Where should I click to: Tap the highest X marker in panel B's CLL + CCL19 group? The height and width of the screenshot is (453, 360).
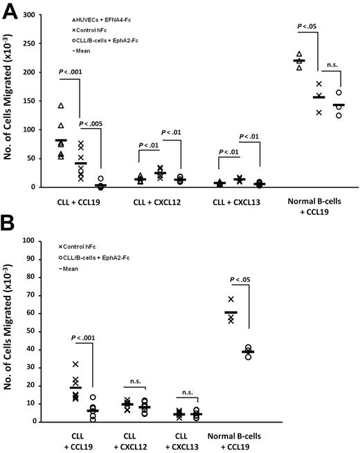pos(75,364)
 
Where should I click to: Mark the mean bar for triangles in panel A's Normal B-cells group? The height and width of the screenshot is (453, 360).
pos(299,61)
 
